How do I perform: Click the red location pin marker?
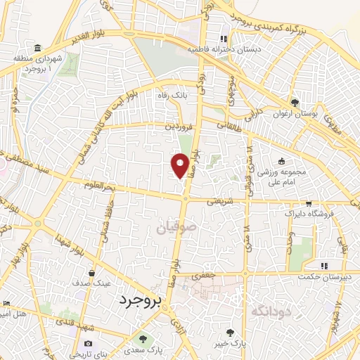tap(181, 165)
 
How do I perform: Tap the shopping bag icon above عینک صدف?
tap(93, 272)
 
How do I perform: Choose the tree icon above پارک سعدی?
tap(146, 337)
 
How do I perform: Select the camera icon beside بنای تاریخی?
tap(89, 343)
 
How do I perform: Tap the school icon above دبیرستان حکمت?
tap(324, 266)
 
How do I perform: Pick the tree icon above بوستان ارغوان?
tap(296, 103)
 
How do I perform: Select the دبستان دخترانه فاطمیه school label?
tap(224, 50)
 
